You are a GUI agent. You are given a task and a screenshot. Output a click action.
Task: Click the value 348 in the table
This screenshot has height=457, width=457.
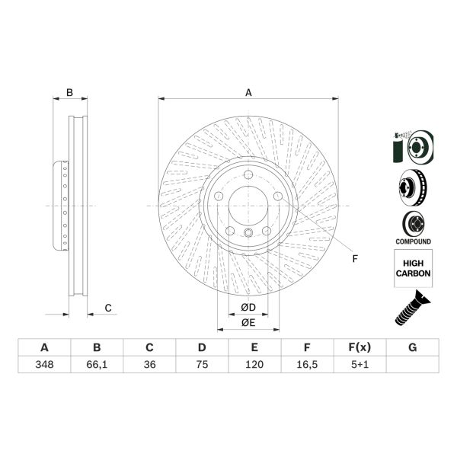[x=44, y=365]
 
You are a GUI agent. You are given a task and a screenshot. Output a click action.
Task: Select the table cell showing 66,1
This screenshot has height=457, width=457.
[x=97, y=365]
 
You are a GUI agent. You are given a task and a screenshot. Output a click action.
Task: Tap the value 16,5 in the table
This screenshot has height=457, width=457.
[x=307, y=365]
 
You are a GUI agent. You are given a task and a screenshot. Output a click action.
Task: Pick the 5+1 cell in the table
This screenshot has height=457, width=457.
[x=360, y=365]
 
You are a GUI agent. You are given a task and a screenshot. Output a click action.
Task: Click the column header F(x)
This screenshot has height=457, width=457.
[x=360, y=348]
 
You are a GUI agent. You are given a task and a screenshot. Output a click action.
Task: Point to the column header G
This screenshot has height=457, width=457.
[x=412, y=348]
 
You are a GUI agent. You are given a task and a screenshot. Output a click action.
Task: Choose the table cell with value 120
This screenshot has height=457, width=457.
[x=254, y=365]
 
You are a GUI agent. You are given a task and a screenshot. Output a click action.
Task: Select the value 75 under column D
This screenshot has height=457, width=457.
[x=202, y=365]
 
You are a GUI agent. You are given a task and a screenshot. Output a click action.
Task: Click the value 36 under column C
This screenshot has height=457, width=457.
[x=149, y=365]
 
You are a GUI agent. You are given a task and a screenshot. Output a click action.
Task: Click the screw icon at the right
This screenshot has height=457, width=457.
[x=412, y=312]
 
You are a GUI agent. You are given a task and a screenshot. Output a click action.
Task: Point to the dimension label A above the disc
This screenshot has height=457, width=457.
[x=248, y=93]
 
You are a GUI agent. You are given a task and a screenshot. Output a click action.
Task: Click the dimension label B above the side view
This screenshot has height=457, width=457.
[x=69, y=93]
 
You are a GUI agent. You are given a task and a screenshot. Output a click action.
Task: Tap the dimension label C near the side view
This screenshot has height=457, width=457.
[x=108, y=308]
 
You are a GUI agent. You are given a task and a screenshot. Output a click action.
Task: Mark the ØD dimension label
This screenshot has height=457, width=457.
[x=248, y=308]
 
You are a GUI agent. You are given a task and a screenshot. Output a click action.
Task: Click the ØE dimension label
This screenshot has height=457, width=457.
[x=248, y=323]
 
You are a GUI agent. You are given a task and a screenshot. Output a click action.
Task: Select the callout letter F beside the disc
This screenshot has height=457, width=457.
[x=354, y=258]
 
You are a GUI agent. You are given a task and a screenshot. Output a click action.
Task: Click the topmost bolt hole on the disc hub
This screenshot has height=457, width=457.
[x=248, y=176]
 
